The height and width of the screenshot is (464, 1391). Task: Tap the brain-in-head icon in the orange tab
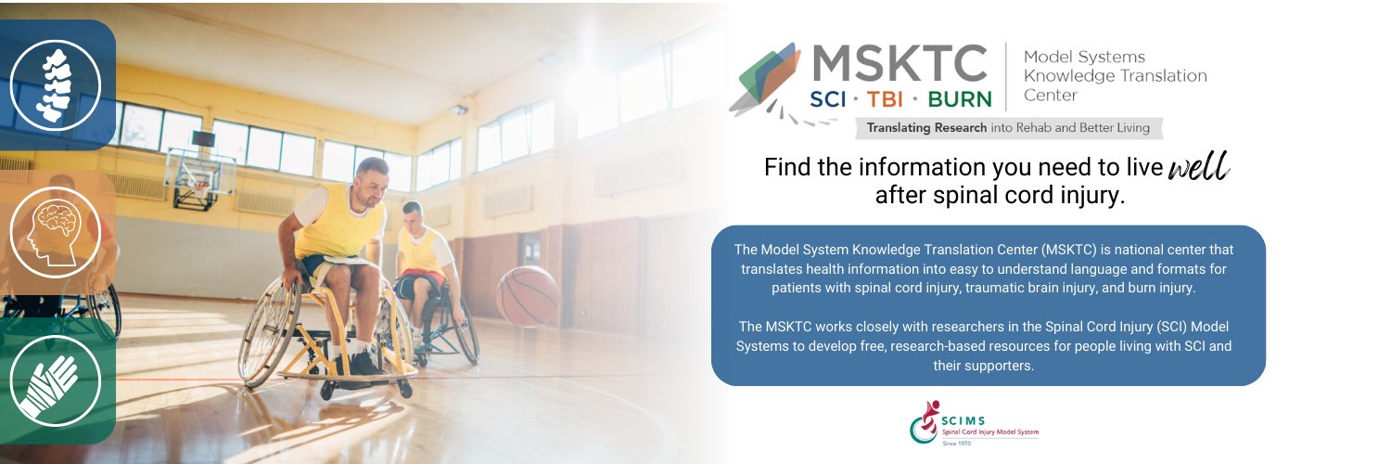(55, 232)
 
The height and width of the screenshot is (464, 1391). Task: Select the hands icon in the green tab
(55, 380)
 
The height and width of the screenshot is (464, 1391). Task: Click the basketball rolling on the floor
(528, 296)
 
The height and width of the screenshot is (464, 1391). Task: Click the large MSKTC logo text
(900, 63)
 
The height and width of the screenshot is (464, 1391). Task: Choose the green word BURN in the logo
(958, 97)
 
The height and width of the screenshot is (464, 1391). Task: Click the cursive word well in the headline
(1198, 168)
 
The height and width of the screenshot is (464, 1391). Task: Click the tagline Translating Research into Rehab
(1007, 128)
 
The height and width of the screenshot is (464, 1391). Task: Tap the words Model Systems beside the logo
(1084, 58)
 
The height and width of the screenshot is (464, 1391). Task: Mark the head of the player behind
(413, 215)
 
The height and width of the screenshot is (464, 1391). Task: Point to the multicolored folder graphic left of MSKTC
(765, 78)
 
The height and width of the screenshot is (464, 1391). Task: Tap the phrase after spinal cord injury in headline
(999, 197)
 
